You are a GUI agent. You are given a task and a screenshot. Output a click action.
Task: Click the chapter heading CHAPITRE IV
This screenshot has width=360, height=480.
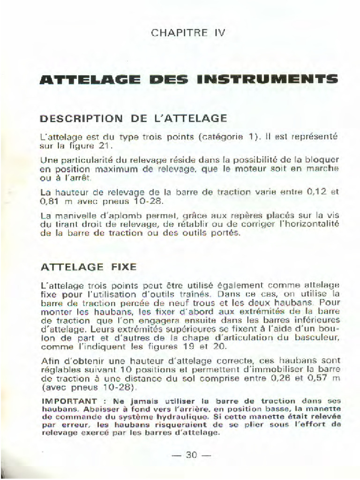188,33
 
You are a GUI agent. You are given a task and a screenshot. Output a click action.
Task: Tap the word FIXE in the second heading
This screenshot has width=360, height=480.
124,267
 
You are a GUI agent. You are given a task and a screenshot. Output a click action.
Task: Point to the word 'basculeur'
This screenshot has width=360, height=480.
317,337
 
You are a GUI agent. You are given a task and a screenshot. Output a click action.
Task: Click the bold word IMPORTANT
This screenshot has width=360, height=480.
69,401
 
